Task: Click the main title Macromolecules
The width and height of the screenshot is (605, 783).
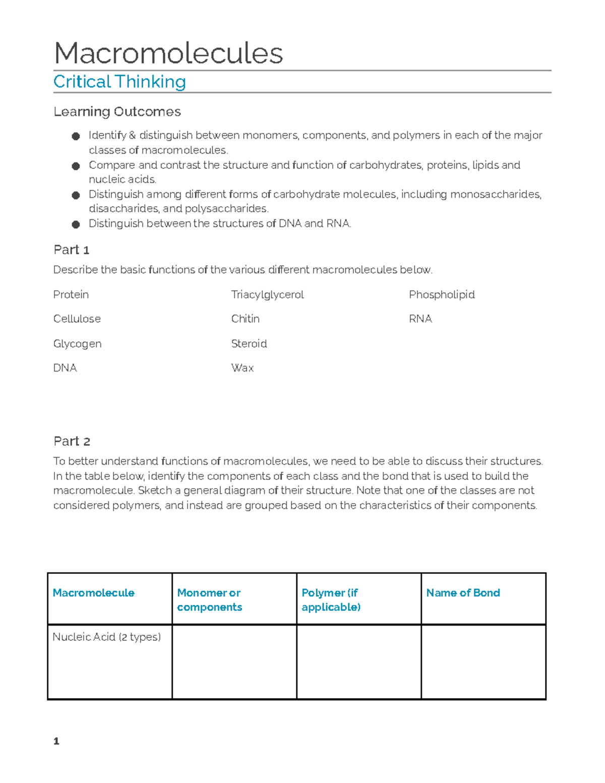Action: pyautogui.click(x=168, y=53)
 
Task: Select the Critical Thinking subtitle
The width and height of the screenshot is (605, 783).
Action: pyautogui.click(x=119, y=82)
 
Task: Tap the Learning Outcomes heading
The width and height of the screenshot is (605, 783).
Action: pyautogui.click(x=117, y=111)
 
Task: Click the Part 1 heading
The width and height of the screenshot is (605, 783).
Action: pyautogui.click(x=71, y=250)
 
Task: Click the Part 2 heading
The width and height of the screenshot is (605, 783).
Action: pyautogui.click(x=72, y=441)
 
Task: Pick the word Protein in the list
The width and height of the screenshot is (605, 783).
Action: pyautogui.click(x=71, y=294)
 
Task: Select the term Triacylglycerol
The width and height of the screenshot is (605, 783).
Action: pyautogui.click(x=267, y=294)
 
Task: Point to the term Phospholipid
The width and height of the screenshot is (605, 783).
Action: pyautogui.click(x=442, y=294)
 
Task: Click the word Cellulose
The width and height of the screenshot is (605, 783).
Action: pyautogui.click(x=77, y=319)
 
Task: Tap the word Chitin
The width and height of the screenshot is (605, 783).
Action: pyautogui.click(x=245, y=319)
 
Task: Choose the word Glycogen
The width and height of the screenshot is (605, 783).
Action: pyautogui.click(x=77, y=344)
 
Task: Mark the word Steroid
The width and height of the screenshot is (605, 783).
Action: pyautogui.click(x=249, y=344)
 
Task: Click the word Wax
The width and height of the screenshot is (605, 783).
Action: pyautogui.click(x=242, y=368)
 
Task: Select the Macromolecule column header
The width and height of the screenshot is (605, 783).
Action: pyautogui.click(x=93, y=593)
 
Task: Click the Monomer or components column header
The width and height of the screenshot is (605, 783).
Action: pyautogui.click(x=209, y=600)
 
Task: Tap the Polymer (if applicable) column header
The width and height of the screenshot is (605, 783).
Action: pyautogui.click(x=331, y=600)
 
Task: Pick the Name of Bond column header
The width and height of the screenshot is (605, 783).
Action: pyautogui.click(x=463, y=593)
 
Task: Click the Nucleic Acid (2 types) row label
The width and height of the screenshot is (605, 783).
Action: pyautogui.click(x=106, y=637)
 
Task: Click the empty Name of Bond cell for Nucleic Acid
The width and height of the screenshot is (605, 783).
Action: pyautogui.click(x=483, y=662)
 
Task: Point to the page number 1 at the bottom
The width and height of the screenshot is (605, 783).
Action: pyautogui.click(x=56, y=741)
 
